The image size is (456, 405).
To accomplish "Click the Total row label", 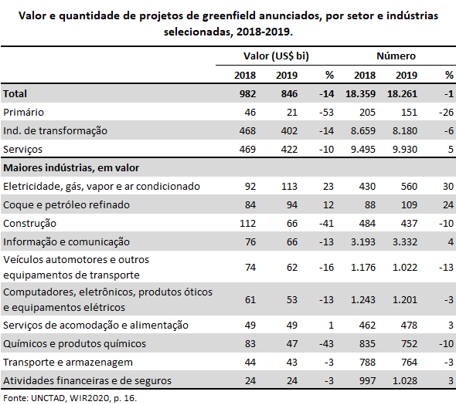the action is (15, 94).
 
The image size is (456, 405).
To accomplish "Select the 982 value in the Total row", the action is (247, 94).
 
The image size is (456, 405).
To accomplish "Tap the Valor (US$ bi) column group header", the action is (276, 56).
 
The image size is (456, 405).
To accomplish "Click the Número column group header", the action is (396, 56).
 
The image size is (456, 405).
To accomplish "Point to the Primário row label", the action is (23, 112).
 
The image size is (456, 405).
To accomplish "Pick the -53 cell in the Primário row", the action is (326, 112).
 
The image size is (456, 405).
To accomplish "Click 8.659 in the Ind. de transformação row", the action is (363, 130).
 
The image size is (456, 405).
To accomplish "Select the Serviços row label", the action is (22, 149).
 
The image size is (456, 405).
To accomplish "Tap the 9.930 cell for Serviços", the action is (405, 149).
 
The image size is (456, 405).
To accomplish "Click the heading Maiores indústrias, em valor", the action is (71, 168).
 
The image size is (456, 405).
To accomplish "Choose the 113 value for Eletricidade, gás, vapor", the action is (289, 186).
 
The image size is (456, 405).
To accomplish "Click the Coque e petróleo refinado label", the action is (66, 204).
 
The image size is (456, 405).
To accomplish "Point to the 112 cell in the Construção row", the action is (247, 223).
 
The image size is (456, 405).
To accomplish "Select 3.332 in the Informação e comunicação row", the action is (405, 241).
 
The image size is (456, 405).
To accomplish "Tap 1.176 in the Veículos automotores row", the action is (363, 267).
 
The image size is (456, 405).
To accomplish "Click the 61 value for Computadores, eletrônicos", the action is (250, 299).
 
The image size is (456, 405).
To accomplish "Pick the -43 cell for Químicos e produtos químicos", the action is (326, 344).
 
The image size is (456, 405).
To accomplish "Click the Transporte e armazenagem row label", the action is (68, 363).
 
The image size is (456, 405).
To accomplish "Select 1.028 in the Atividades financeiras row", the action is (405, 380).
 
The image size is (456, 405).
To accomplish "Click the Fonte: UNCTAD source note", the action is (70, 398).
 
